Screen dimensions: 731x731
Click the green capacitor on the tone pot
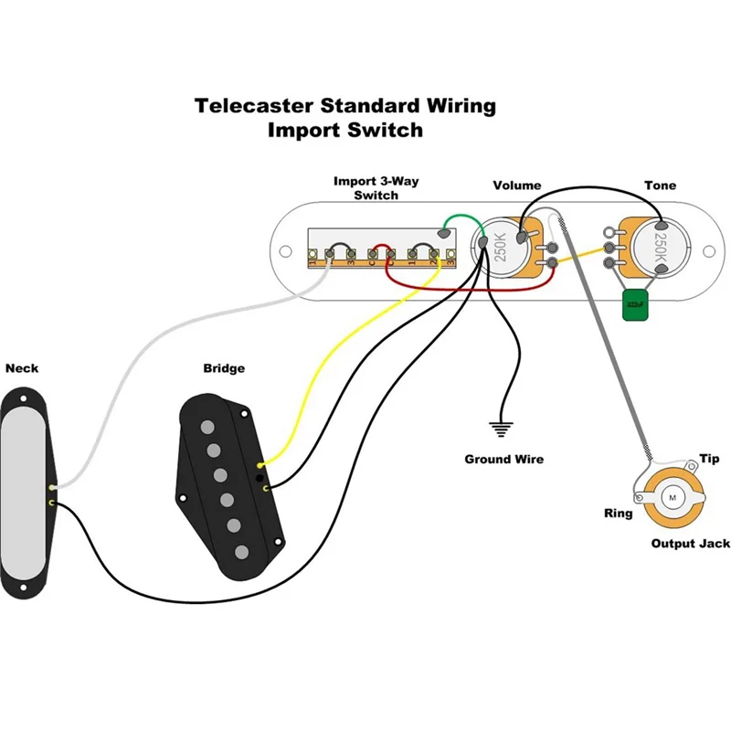633,306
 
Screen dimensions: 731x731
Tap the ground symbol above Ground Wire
500,427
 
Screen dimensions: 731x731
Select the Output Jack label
690,544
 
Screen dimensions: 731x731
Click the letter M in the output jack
673,496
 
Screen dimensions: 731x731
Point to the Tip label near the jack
709,458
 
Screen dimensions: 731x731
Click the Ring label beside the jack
618,514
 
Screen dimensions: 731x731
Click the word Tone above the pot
660,185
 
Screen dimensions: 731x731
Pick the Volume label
517,185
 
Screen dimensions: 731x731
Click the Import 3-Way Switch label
376,188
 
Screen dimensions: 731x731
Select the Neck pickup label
22,369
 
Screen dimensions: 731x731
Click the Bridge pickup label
224,368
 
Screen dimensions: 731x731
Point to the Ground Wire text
503,459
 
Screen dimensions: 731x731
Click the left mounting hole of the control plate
287,247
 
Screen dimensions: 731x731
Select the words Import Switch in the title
345,130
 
